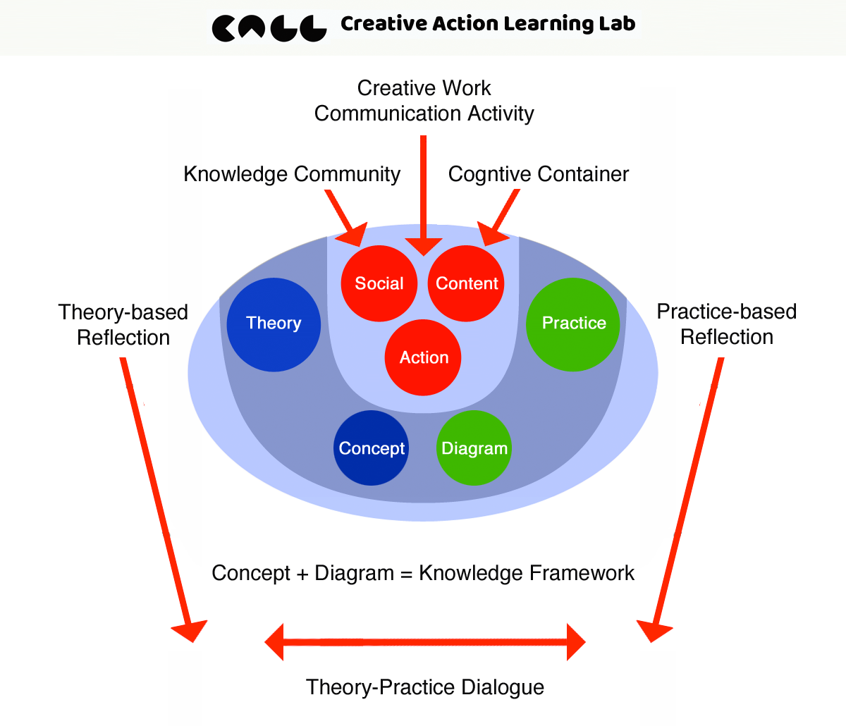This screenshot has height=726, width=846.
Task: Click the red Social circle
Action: (379, 283)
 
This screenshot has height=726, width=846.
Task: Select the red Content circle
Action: (466, 283)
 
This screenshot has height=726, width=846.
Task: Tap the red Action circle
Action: (423, 357)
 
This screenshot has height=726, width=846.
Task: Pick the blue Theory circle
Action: (274, 324)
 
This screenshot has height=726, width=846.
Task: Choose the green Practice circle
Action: (573, 324)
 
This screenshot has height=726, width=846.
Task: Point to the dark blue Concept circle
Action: (371, 448)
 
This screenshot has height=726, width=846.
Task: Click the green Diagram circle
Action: (474, 448)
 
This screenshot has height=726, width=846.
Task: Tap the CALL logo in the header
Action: (269, 27)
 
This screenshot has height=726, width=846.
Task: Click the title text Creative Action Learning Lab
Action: (488, 24)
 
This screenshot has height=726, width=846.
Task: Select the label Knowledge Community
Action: (292, 174)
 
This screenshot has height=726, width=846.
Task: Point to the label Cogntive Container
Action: (539, 174)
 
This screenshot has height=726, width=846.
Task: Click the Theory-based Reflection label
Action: (123, 325)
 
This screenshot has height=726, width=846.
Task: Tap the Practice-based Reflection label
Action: (727, 324)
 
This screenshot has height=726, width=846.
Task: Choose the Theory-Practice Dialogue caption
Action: (425, 687)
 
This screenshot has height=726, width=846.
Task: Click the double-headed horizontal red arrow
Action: (425, 642)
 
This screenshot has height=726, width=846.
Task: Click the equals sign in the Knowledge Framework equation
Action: (406, 574)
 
